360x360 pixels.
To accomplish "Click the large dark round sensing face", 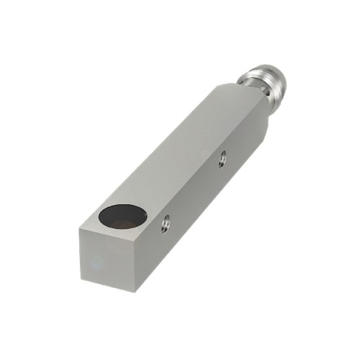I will [x=122, y=216].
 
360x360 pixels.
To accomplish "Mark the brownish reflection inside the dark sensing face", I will [x=128, y=223].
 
